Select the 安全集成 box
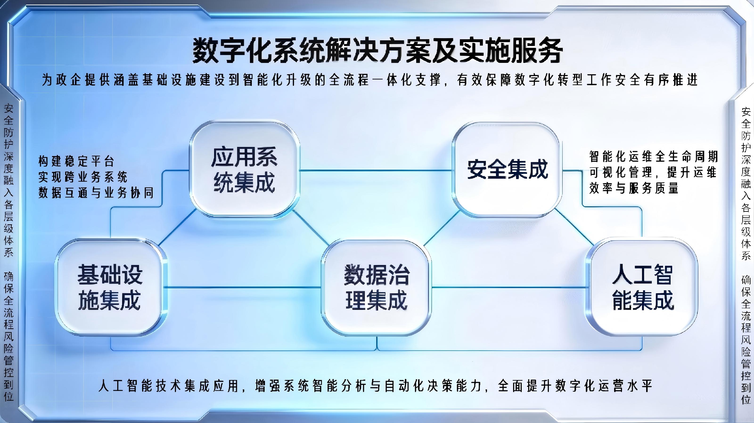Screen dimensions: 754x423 click(507, 170)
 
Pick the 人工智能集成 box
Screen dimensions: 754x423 click(643, 287)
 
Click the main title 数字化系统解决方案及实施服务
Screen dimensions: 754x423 click(377, 50)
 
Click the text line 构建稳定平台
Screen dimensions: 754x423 click(76, 161)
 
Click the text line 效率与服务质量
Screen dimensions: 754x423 click(634, 188)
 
